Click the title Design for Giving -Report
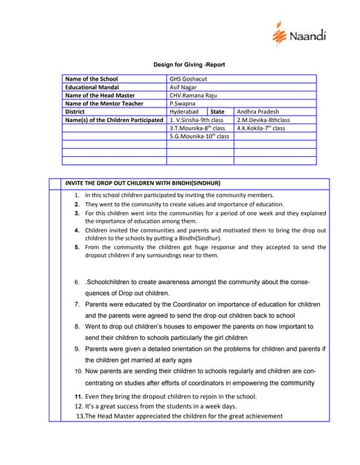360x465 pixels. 188,65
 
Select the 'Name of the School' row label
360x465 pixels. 92,78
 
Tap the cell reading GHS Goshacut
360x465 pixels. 188,78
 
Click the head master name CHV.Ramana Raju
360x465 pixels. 193,95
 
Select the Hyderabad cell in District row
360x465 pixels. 184,112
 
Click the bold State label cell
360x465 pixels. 217,112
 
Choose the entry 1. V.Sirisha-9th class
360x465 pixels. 196,120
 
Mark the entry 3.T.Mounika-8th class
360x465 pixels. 198,128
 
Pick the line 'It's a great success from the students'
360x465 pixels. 160,406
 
